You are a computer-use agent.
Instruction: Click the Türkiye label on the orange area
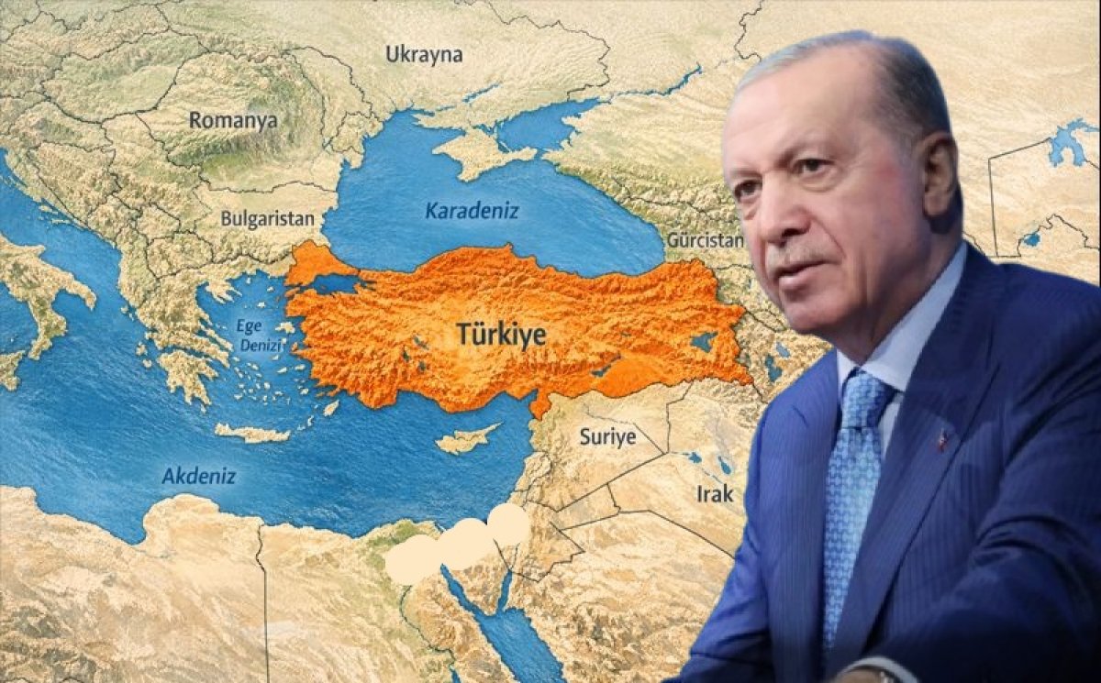502,336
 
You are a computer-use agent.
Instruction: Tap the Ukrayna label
424,54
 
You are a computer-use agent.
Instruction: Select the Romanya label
233,120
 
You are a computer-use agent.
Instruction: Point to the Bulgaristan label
267,219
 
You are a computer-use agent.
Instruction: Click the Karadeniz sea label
472,211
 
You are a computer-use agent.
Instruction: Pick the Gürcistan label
705,240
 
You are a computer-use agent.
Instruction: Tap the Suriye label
606,437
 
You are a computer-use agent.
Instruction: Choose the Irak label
715,494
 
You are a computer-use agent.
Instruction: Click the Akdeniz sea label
198,476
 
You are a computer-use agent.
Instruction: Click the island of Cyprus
467,439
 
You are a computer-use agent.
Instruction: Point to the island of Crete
251,433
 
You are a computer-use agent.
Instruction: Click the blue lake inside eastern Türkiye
703,342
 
